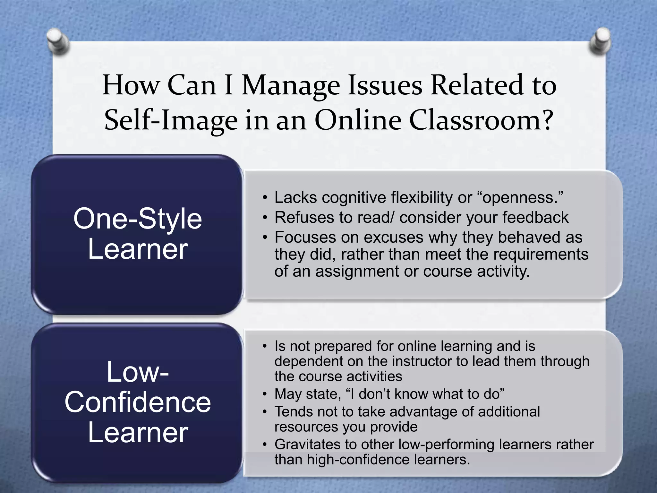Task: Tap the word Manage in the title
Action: click(290, 86)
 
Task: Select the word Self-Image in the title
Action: click(171, 121)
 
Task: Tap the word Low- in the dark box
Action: click(138, 372)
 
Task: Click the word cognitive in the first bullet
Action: click(354, 197)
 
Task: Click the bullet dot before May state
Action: click(264, 394)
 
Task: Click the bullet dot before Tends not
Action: click(264, 412)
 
